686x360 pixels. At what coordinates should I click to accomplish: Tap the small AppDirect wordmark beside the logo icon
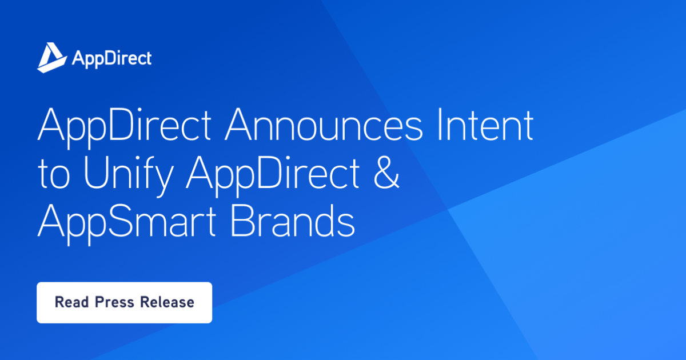(111, 58)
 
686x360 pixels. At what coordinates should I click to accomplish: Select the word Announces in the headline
(324, 126)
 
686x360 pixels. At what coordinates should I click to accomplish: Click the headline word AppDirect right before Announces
(126, 126)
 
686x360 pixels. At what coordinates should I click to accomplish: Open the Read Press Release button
(124, 302)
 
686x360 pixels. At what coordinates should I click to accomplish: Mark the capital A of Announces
(238, 126)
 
